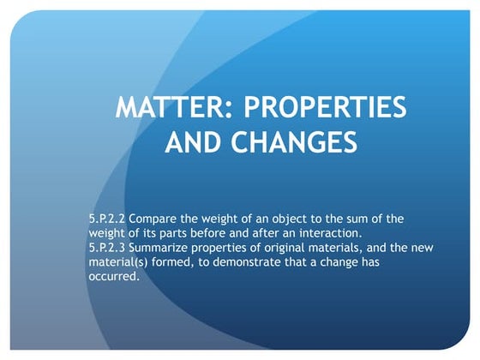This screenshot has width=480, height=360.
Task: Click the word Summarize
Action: (x=165, y=247)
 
